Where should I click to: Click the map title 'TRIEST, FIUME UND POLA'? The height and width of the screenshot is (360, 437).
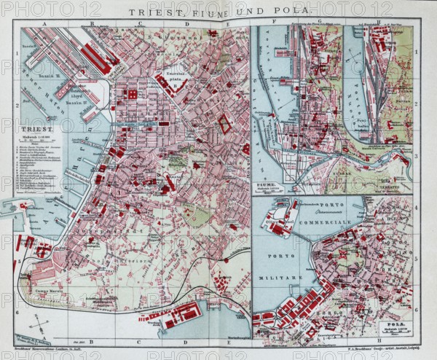pos(219,12)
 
